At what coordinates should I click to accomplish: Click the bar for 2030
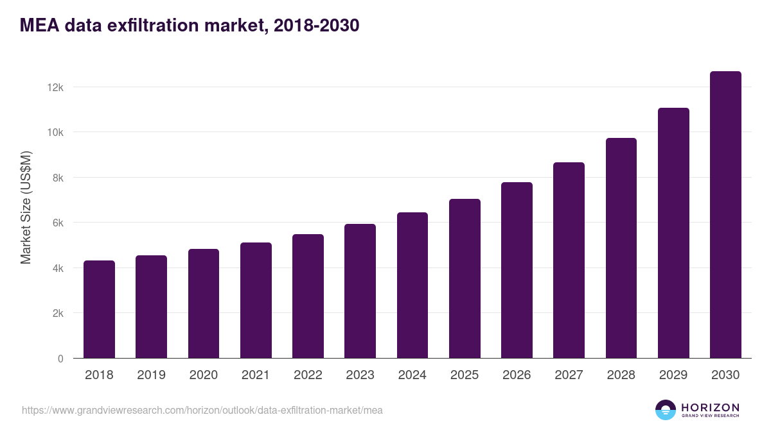(x=725, y=215)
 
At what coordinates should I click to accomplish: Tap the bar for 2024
(x=412, y=285)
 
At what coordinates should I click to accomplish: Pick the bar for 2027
(x=569, y=260)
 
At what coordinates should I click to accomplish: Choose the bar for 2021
(x=256, y=300)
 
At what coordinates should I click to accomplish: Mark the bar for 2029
(x=673, y=233)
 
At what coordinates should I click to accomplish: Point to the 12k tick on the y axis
(x=56, y=87)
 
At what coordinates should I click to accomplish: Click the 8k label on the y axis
(x=58, y=178)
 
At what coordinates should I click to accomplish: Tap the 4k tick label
(x=58, y=268)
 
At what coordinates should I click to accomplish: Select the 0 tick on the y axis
(x=60, y=359)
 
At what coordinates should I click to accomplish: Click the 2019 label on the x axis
(x=151, y=375)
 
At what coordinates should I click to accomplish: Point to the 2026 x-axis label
(x=517, y=375)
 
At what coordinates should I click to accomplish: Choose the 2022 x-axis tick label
(x=308, y=375)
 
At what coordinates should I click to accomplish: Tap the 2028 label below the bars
(x=621, y=375)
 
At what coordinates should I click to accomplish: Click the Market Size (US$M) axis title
(x=26, y=207)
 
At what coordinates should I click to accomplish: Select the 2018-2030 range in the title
(x=315, y=26)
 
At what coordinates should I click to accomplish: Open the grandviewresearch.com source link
(x=202, y=410)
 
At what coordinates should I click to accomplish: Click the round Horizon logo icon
(x=666, y=410)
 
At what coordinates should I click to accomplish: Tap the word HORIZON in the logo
(x=710, y=407)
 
